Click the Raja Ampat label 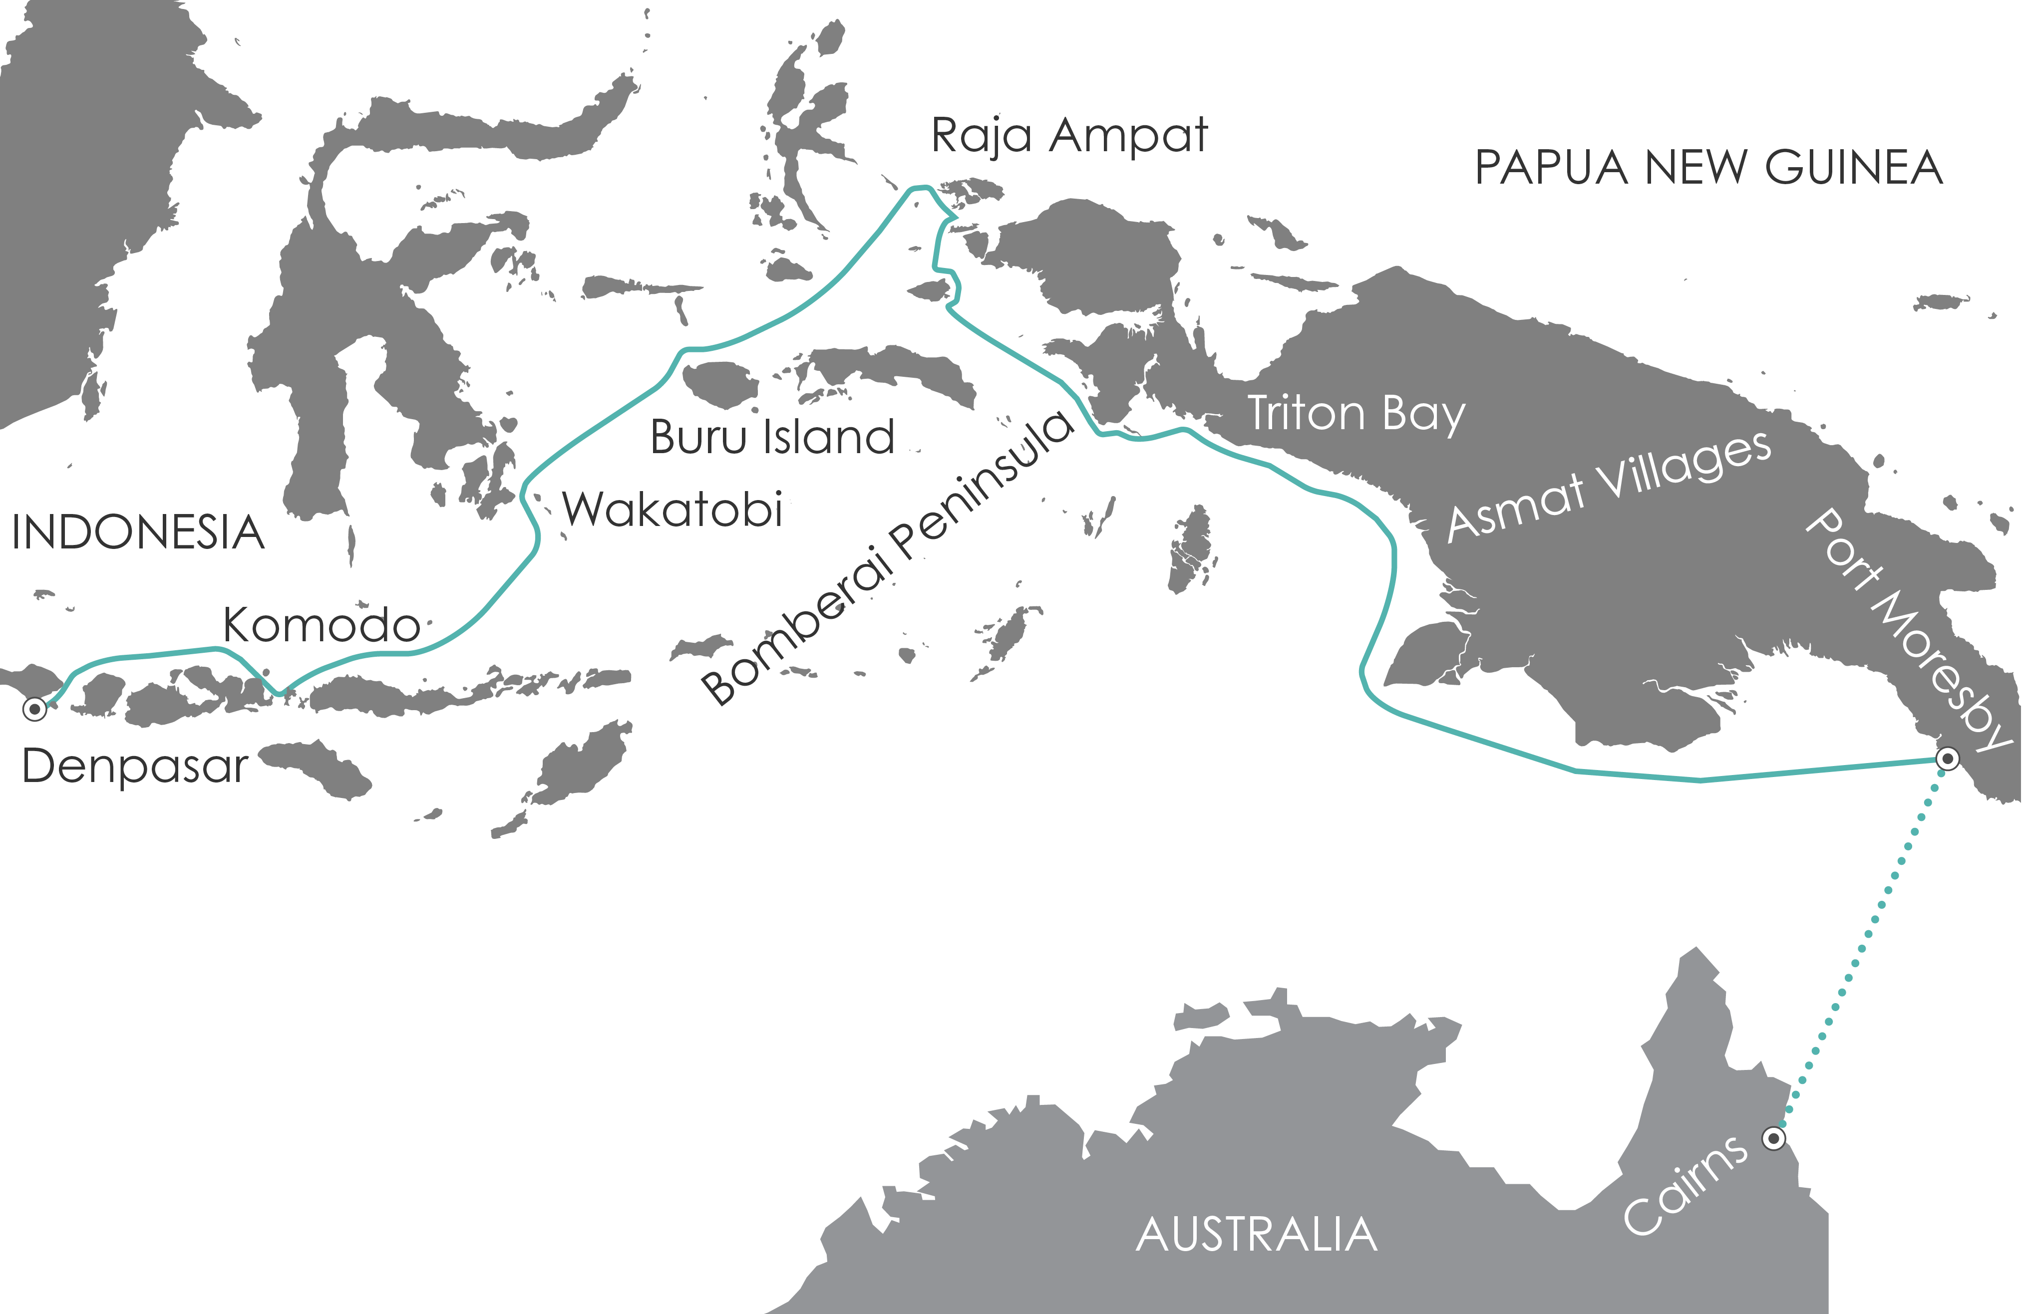[x=1069, y=136]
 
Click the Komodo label [x=321, y=626]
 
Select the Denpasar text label [x=134, y=766]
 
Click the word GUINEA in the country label [x=1855, y=167]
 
